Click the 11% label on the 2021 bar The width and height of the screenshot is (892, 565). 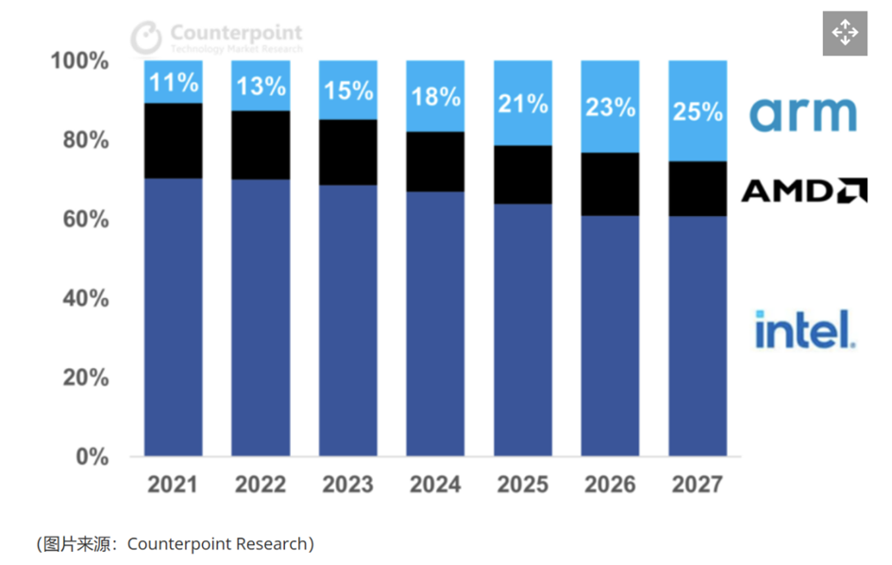(x=174, y=82)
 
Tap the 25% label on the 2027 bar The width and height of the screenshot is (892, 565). (x=698, y=111)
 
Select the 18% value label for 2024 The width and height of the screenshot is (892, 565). (x=435, y=96)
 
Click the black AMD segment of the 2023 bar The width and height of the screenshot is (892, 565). (x=348, y=152)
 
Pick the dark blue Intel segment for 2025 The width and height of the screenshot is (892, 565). (x=523, y=330)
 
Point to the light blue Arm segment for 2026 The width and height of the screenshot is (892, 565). (x=611, y=107)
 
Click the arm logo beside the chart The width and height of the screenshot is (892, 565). (x=803, y=113)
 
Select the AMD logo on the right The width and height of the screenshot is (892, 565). (x=803, y=191)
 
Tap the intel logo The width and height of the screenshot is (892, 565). (x=805, y=329)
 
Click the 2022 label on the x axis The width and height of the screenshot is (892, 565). (x=261, y=485)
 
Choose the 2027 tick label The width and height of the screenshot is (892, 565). (x=698, y=485)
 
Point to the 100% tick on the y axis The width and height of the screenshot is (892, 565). (x=80, y=62)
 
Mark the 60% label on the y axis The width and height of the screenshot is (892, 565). (x=85, y=220)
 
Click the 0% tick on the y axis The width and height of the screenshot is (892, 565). (x=92, y=457)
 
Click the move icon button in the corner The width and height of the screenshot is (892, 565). (x=845, y=34)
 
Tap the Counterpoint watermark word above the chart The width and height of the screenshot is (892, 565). (x=236, y=33)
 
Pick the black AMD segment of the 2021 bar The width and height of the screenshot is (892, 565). (x=174, y=141)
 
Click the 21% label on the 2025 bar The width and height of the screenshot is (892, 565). (x=523, y=103)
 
